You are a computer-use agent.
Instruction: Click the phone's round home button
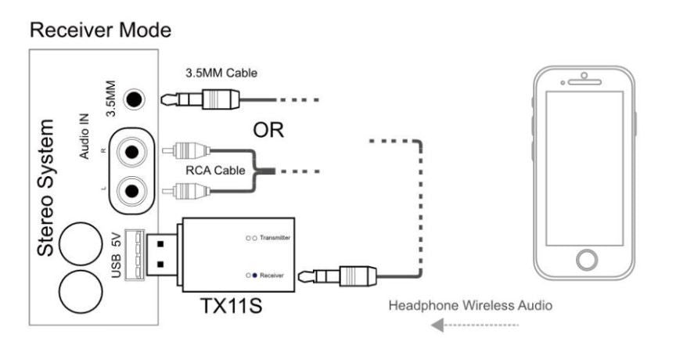pos(583,261)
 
